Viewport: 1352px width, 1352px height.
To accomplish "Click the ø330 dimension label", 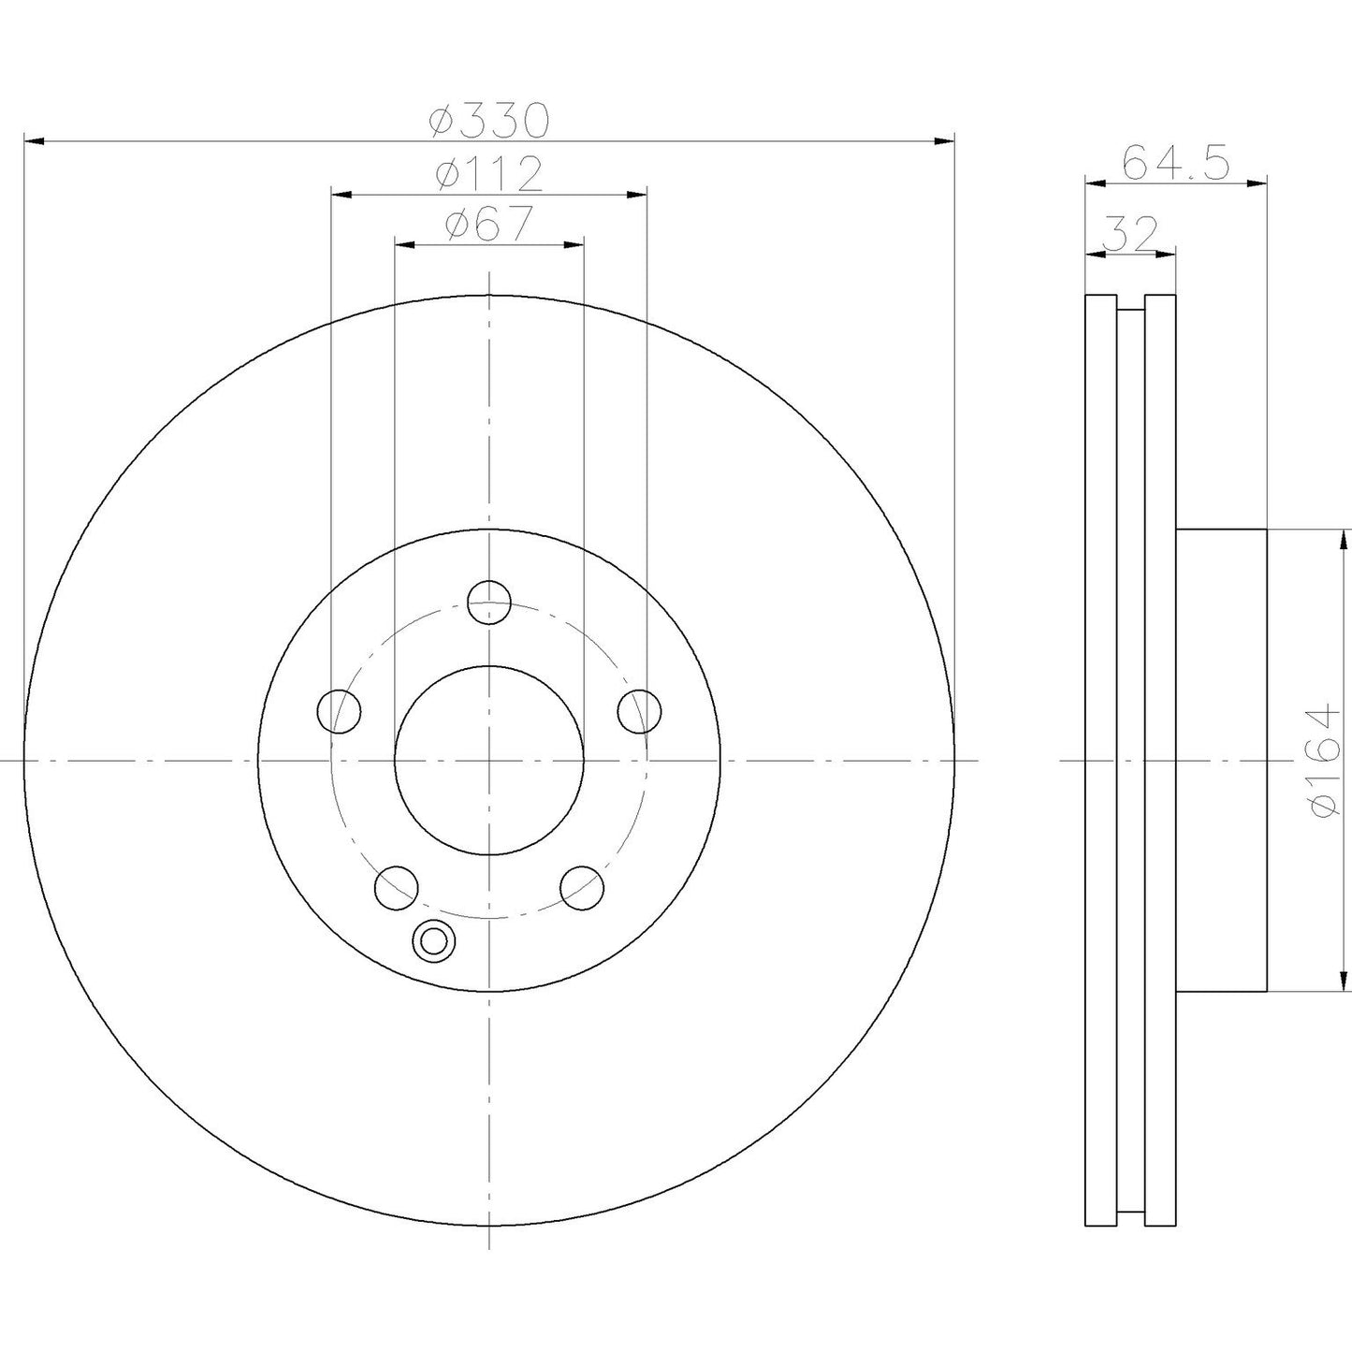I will (488, 120).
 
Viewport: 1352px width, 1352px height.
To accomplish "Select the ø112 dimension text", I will (488, 173).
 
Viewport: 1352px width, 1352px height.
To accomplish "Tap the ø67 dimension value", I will (488, 224).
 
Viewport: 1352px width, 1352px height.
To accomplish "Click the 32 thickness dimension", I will (1130, 233).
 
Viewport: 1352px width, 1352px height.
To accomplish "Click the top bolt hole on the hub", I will (488, 601).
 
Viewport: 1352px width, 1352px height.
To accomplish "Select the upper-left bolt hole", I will (340, 712).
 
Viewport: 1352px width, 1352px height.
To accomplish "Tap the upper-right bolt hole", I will (639, 712).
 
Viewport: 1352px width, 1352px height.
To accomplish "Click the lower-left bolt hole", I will (396, 887).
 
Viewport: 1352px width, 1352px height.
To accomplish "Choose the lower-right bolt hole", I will (582, 887).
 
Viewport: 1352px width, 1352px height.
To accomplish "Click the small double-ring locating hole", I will (432, 941).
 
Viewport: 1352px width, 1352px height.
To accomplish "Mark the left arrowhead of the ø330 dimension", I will (34, 141).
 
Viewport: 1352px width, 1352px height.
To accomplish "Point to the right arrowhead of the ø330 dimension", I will (944, 141).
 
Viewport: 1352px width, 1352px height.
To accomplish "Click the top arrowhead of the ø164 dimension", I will (1345, 537).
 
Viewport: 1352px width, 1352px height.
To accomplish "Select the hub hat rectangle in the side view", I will (1221, 760).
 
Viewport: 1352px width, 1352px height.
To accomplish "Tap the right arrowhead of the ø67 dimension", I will (574, 244).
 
